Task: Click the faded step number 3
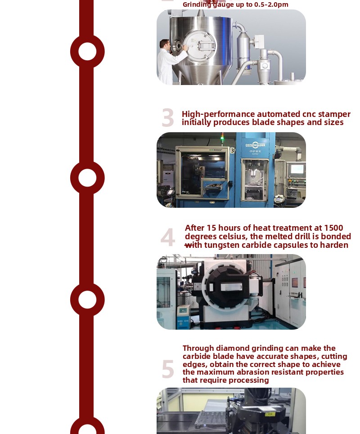(x=168, y=118)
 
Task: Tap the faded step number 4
(x=168, y=237)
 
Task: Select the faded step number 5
(x=168, y=369)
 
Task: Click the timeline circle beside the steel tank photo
(x=87, y=51)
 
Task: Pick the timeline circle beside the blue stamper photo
(x=87, y=178)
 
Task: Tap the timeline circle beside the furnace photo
(x=87, y=300)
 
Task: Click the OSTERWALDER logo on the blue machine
(x=255, y=145)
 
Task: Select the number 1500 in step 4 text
(x=333, y=228)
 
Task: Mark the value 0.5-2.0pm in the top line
(x=271, y=4)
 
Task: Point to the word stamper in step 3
(x=334, y=114)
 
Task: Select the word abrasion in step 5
(x=254, y=372)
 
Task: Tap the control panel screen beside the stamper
(x=297, y=169)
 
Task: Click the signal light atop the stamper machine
(x=222, y=138)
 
